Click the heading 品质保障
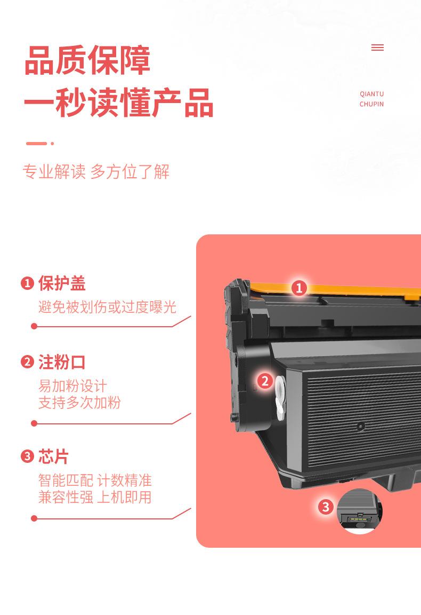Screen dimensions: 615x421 point(87,60)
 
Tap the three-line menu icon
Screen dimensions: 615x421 point(377,48)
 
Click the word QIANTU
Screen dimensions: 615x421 point(371,94)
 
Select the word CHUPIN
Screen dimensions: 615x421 point(371,104)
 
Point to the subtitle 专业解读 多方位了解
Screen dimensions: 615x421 point(96,172)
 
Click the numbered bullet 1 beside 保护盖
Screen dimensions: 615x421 point(27,283)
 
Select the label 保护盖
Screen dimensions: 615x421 point(62,283)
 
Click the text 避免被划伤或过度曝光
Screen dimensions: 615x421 point(107,307)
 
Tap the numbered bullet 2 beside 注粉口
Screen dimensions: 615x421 point(27,362)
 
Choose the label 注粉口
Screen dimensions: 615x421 point(62,362)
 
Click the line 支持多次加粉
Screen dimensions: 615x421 point(79,403)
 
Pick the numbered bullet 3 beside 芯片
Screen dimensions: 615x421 point(27,457)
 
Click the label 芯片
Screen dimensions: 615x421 point(54,457)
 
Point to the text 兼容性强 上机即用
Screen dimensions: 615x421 point(95,498)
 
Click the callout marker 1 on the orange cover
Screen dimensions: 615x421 point(299,288)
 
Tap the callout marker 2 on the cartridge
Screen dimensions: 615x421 point(265,381)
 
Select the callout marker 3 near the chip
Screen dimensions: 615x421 point(326,507)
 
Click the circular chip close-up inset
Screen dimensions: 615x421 point(359,511)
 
